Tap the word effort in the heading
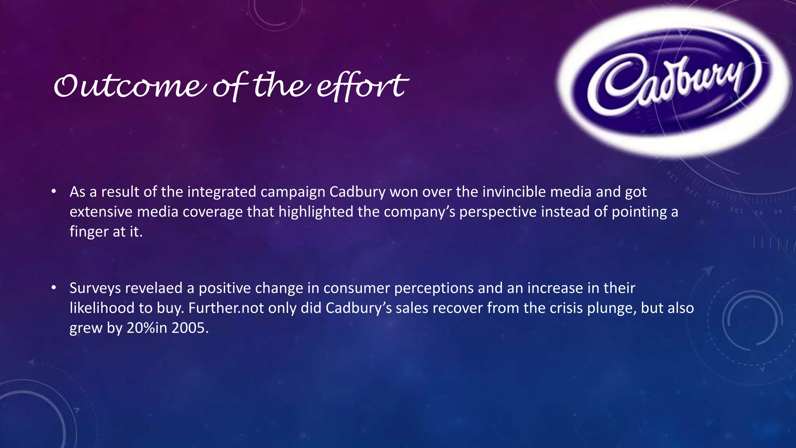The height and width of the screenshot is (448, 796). pyautogui.click(x=361, y=86)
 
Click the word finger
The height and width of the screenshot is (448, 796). pyautogui.click(x=89, y=232)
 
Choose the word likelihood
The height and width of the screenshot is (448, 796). pyautogui.click(x=101, y=308)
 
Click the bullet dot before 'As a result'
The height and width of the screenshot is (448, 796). pyautogui.click(x=54, y=191)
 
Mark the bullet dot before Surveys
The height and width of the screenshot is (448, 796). pyautogui.click(x=54, y=288)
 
